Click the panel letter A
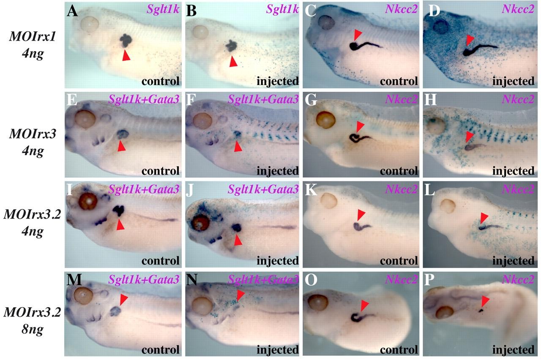[x=72, y=11]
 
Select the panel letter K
[x=311, y=190]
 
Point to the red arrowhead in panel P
[x=485, y=301]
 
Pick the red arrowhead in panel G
[x=360, y=126]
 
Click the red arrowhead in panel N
[x=240, y=295]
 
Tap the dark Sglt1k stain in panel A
[x=126, y=41]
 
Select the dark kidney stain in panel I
[x=119, y=211]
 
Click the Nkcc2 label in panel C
[x=401, y=9]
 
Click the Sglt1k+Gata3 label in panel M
[x=144, y=279]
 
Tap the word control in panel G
[x=399, y=171]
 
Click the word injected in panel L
[x=513, y=261]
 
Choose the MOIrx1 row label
[x=33, y=37]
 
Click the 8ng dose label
[x=33, y=329]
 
